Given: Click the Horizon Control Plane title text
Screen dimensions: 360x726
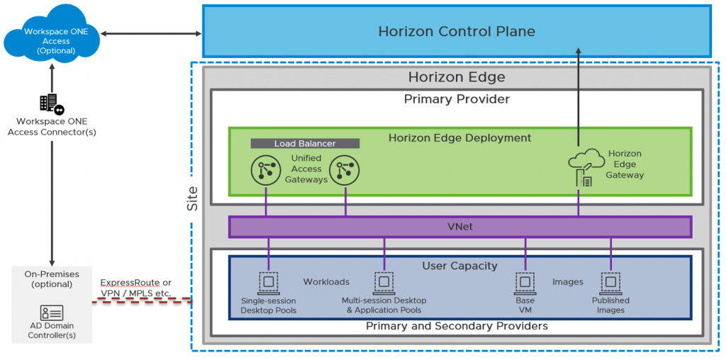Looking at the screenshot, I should (456, 31).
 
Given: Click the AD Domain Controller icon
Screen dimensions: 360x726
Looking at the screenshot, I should (52, 313).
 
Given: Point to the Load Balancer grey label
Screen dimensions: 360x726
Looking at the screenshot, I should (305, 144).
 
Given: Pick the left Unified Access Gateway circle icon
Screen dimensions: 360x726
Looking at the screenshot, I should (265, 170).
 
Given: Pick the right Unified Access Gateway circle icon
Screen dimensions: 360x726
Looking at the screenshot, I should (345, 170).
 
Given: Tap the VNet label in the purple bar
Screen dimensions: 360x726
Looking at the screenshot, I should (459, 227).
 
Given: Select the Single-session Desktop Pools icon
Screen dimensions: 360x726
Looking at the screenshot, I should (269, 282).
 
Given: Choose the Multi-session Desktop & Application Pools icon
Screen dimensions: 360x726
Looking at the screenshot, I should (384, 282).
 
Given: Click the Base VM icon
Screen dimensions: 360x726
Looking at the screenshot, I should (525, 282).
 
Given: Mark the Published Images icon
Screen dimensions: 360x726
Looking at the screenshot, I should (610, 282).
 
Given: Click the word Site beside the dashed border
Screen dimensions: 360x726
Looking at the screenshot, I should (192, 199).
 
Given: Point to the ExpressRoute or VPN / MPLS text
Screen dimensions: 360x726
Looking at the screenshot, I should (135, 288).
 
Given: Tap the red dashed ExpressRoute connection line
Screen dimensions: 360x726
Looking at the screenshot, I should (142, 303).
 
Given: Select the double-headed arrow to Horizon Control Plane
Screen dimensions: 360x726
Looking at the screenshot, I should (151, 33).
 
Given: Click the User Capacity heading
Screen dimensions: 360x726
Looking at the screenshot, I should (459, 266).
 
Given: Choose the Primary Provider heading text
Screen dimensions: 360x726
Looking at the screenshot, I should (456, 99).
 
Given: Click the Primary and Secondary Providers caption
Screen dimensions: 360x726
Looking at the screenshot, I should (457, 326).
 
